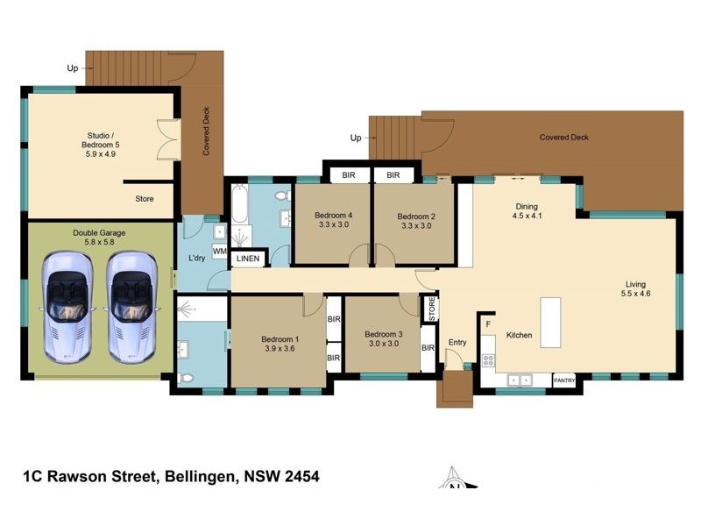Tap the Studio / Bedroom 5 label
[x=99, y=144]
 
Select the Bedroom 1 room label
[x=280, y=345]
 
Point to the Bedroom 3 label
[x=383, y=339]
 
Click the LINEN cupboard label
[x=248, y=258]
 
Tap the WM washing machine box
[x=219, y=252]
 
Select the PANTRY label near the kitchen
[x=564, y=380]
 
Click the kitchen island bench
[x=550, y=322]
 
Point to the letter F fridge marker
[x=487, y=324]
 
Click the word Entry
[x=457, y=342]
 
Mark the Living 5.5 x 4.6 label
[x=637, y=289]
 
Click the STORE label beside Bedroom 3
[x=431, y=308]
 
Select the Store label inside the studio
[x=144, y=199]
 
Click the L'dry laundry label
[x=196, y=258]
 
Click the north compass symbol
[x=454, y=482]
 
